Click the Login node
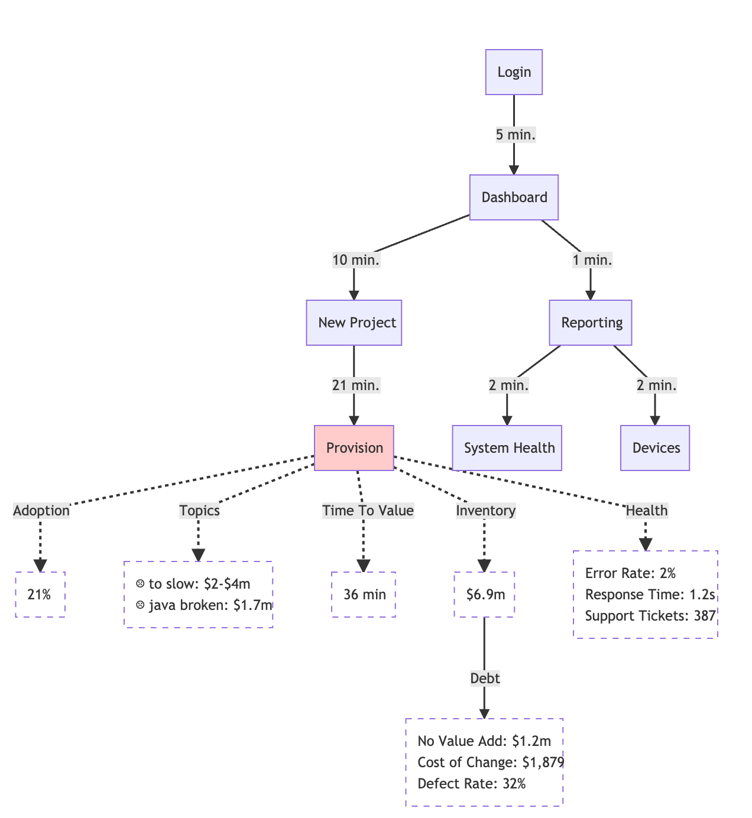(514, 72)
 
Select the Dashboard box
(514, 197)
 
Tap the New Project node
(354, 323)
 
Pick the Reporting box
(591, 323)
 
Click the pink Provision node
(354, 448)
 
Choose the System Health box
(507, 448)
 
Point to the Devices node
(655, 448)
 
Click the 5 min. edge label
(516, 135)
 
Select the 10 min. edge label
(356, 260)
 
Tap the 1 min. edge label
(592, 260)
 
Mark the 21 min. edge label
(356, 385)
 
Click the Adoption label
(41, 511)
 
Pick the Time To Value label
(368, 511)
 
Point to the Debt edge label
(485, 679)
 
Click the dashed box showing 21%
(40, 595)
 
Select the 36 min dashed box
(364, 595)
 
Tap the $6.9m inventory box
(485, 595)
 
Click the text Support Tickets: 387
(650, 616)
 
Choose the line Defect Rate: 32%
(471, 784)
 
